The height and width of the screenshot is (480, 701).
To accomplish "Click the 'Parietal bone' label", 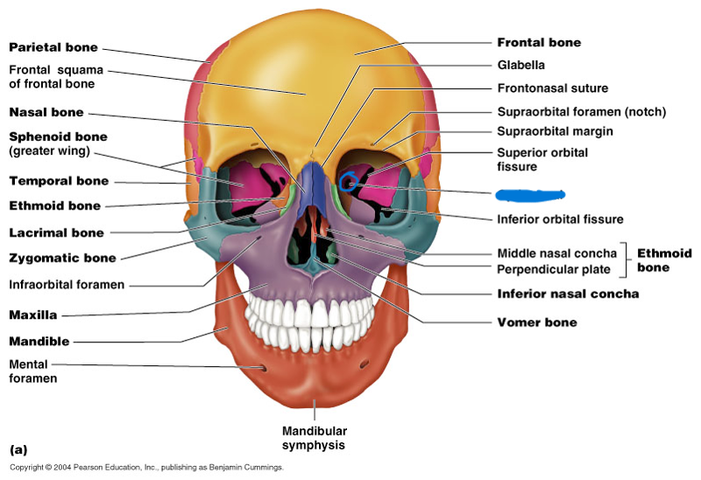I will pos(53,47).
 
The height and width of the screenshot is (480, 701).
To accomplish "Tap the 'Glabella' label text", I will pos(521,66).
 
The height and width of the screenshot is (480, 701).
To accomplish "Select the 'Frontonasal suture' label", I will pos(552,88).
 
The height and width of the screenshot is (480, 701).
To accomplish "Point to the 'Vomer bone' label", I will pos(537,322).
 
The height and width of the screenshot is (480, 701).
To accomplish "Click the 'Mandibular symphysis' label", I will pos(315,438).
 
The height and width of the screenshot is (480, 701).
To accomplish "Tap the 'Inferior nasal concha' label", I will pos(568,293).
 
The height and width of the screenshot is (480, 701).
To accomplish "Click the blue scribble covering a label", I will pos(529,194).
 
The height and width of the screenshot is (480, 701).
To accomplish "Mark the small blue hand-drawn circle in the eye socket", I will pos(349,183).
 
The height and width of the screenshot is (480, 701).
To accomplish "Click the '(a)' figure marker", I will pos(18,449).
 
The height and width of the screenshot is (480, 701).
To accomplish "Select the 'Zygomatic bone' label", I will pos(62,258).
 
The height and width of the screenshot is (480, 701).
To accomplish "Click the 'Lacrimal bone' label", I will pos(57,233).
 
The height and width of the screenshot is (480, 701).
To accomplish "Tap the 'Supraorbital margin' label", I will pos(555,131).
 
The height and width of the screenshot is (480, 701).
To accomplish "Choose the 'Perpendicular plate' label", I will pos(554,270).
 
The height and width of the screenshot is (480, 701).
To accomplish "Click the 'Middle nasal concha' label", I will pos(557,253).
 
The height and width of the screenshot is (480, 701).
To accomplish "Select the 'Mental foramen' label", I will pos(33,371).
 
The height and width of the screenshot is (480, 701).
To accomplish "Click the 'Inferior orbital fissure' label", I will pos(560,219).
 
